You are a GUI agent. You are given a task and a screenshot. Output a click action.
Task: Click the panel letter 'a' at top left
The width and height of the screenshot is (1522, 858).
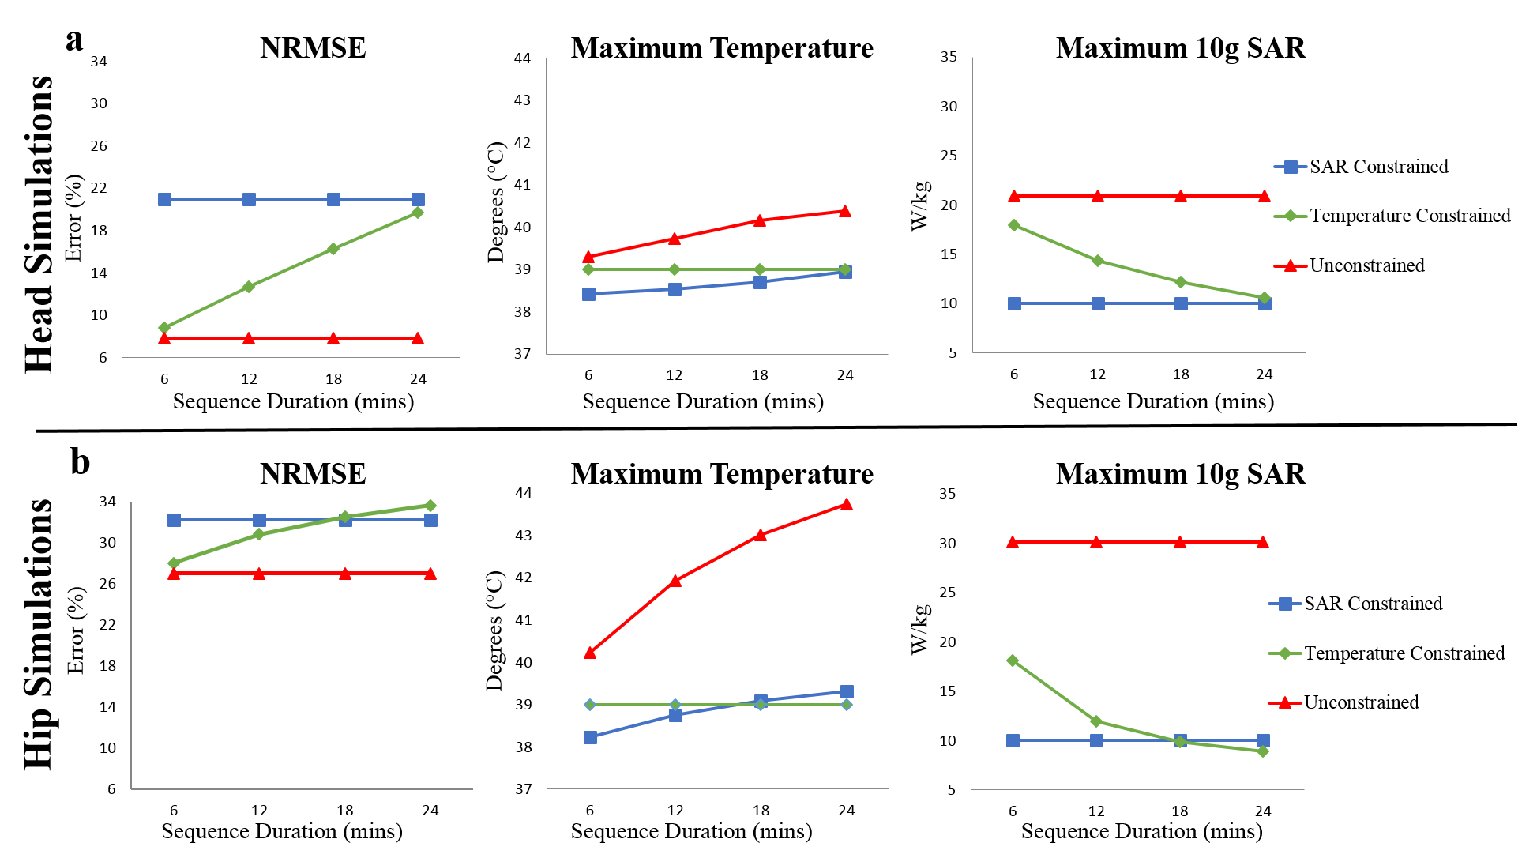pyautogui.click(x=74, y=40)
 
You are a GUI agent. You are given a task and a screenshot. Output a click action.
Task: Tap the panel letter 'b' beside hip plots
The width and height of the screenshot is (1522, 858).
pyautogui.click(x=80, y=461)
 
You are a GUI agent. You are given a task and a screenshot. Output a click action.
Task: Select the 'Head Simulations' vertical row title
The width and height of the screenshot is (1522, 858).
pyautogui.click(x=39, y=224)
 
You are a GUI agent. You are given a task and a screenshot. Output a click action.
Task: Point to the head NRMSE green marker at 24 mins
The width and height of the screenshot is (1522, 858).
pyautogui.click(x=418, y=213)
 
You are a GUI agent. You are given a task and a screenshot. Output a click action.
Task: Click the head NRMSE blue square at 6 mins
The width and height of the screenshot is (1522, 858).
pyautogui.click(x=164, y=199)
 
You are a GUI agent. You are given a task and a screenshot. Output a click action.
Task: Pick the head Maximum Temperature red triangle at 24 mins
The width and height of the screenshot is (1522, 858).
pyautogui.click(x=845, y=211)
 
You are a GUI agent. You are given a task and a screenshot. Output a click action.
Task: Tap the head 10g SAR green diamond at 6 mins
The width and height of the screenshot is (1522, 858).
pyautogui.click(x=1014, y=225)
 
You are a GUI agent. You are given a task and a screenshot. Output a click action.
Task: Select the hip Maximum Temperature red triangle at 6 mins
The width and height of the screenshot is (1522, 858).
pyautogui.click(x=589, y=653)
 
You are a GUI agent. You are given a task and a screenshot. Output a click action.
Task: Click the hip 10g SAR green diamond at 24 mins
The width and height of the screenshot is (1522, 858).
pyautogui.click(x=1263, y=751)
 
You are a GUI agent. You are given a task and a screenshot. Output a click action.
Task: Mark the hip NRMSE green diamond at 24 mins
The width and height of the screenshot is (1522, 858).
pyautogui.click(x=430, y=506)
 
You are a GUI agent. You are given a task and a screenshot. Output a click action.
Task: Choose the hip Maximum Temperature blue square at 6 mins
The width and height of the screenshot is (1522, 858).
pyautogui.click(x=590, y=737)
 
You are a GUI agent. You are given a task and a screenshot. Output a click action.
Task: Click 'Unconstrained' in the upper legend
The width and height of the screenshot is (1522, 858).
pyautogui.click(x=1366, y=265)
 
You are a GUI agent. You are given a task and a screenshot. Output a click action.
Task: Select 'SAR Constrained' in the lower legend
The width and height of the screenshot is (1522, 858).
pyautogui.click(x=1373, y=604)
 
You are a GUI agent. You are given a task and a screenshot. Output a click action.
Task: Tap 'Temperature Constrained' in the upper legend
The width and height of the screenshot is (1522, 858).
pyautogui.click(x=1410, y=216)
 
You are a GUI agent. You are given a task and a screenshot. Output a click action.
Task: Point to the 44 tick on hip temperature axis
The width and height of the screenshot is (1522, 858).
pyautogui.click(x=524, y=493)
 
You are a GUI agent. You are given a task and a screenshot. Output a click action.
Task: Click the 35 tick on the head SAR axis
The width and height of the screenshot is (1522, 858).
pyautogui.click(x=949, y=57)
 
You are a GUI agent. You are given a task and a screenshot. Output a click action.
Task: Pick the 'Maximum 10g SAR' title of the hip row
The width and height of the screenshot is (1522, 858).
pyautogui.click(x=1180, y=473)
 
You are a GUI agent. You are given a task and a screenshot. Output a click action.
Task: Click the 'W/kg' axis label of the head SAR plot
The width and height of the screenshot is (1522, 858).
pyautogui.click(x=921, y=205)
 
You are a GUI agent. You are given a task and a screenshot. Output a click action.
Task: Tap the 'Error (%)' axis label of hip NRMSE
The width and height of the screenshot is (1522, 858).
pyautogui.click(x=76, y=630)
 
